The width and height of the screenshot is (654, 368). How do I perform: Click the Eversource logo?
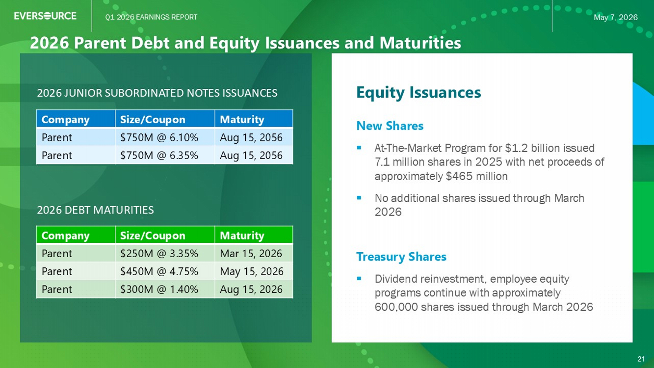(x=45, y=16)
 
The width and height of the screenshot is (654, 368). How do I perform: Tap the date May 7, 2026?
(x=615, y=18)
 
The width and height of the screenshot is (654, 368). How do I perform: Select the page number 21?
(x=641, y=359)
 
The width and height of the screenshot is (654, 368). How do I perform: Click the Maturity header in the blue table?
(x=242, y=119)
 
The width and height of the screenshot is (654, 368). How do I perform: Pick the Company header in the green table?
(x=65, y=236)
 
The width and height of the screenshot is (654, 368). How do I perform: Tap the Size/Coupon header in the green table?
(x=153, y=236)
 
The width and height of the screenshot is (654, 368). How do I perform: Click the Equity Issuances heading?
(x=419, y=93)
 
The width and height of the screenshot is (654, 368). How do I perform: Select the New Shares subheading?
(x=390, y=126)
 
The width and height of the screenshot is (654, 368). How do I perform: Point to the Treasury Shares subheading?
(x=401, y=257)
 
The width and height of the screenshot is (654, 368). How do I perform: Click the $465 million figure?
(x=477, y=176)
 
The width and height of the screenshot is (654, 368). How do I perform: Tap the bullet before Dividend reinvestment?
(x=359, y=279)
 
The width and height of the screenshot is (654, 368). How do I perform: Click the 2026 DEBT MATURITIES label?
(x=95, y=210)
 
